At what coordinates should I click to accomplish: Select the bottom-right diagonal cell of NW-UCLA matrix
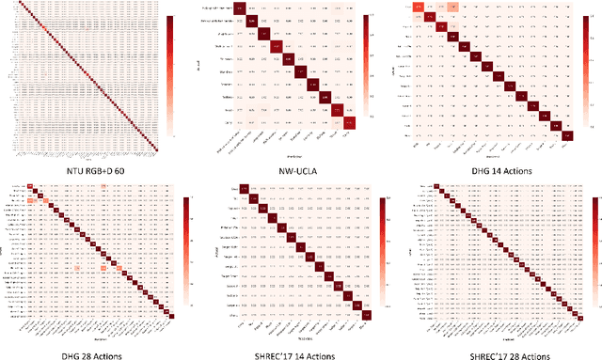coord(350,122)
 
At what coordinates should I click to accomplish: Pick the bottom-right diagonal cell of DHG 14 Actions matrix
coord(568,135)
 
